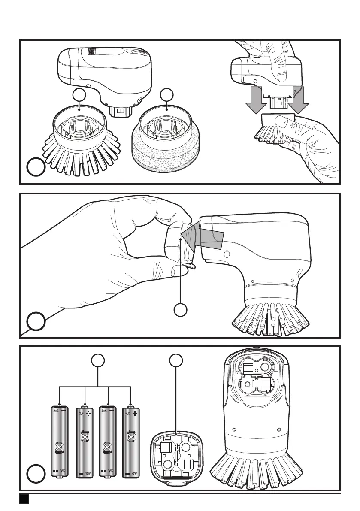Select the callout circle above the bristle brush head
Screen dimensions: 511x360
[78, 95]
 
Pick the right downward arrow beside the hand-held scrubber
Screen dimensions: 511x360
[296, 100]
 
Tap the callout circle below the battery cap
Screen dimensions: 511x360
[181, 310]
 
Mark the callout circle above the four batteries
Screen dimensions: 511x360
[99, 361]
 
